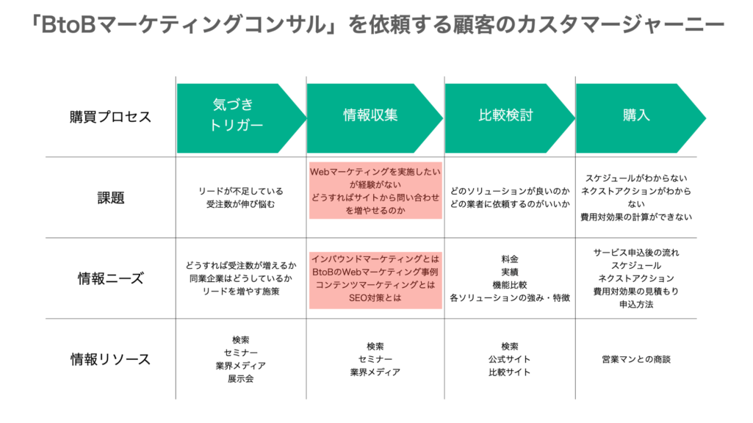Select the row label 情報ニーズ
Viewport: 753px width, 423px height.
[x=111, y=278]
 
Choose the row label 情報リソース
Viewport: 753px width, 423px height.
[x=111, y=359]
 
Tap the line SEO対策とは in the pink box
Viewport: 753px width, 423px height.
[x=375, y=298]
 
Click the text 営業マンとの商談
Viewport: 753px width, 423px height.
[x=636, y=359]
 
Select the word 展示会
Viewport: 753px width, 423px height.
[x=240, y=379]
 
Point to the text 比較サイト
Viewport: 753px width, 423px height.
[x=509, y=372]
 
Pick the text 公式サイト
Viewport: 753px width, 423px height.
[x=509, y=359]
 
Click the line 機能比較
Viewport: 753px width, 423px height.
[x=509, y=285]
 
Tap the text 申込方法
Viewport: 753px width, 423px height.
[x=636, y=304]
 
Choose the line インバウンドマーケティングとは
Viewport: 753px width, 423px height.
[x=375, y=258]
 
